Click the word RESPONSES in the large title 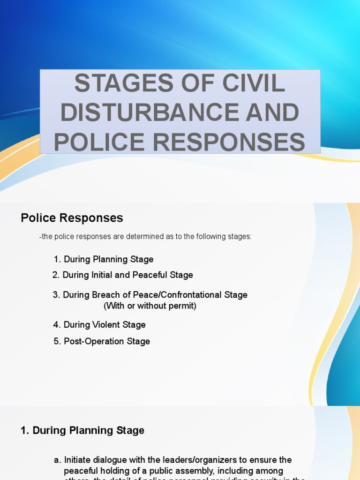(x=233, y=142)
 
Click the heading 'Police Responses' (x=72, y=218)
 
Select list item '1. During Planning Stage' (x=104, y=259)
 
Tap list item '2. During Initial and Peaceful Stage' (x=122, y=275)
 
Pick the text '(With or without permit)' (x=150, y=306)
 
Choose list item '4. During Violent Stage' (x=99, y=325)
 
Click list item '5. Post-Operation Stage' (x=102, y=341)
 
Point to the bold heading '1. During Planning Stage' (x=82, y=430)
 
